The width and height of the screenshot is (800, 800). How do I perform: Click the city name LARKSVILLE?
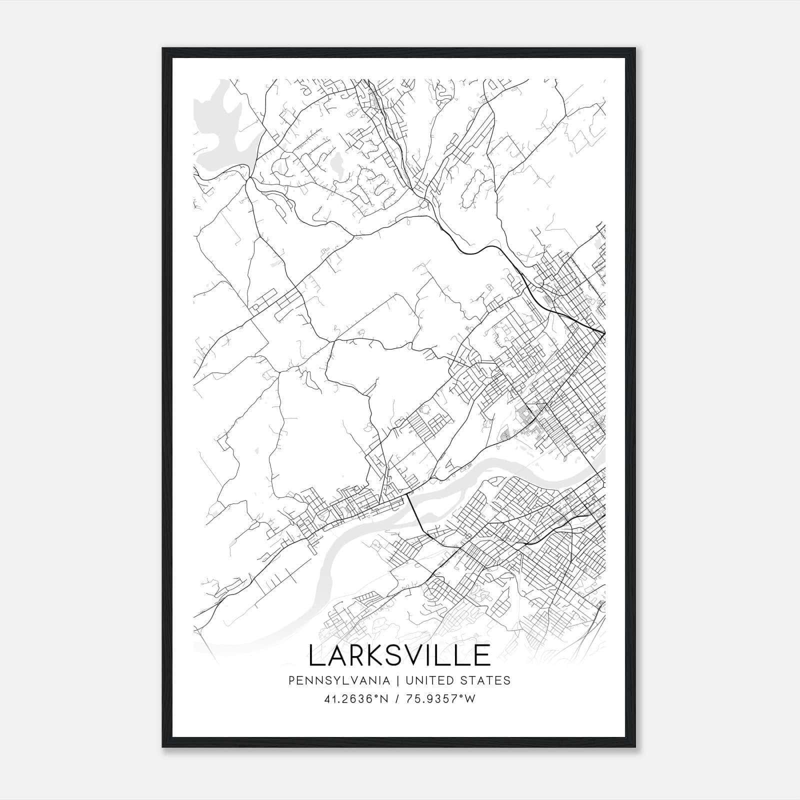(399, 655)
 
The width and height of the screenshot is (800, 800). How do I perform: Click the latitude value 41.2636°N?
(356, 699)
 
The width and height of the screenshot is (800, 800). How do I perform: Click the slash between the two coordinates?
(397, 699)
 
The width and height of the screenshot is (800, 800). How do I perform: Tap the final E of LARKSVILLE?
(482, 655)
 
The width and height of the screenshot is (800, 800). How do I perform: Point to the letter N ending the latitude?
(385, 699)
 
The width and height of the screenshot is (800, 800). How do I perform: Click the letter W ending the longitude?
(470, 699)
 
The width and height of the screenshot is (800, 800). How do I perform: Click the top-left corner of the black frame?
(163, 49)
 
